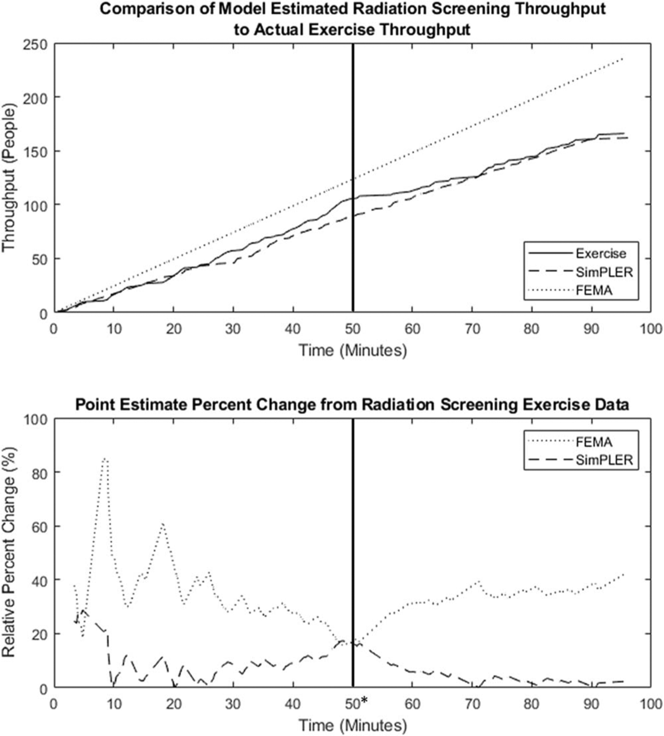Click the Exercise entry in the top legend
pyautogui.click(x=601, y=254)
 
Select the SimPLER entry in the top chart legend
pyautogui.click(x=604, y=272)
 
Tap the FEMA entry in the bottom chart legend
pyautogui.click(x=594, y=442)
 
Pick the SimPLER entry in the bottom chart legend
pyautogui.click(x=604, y=460)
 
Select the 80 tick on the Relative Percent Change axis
pyautogui.click(x=40, y=472)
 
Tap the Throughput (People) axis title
pyautogui.click(x=9, y=178)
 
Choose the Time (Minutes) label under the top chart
pyautogui.click(x=352, y=350)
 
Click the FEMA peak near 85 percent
pyautogui.click(x=105, y=459)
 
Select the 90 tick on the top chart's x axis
pyautogui.click(x=591, y=328)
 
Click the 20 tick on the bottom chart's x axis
pyautogui.click(x=174, y=704)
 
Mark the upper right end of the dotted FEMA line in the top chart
pyautogui.click(x=623, y=58)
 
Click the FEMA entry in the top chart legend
pyautogui.click(x=594, y=290)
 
